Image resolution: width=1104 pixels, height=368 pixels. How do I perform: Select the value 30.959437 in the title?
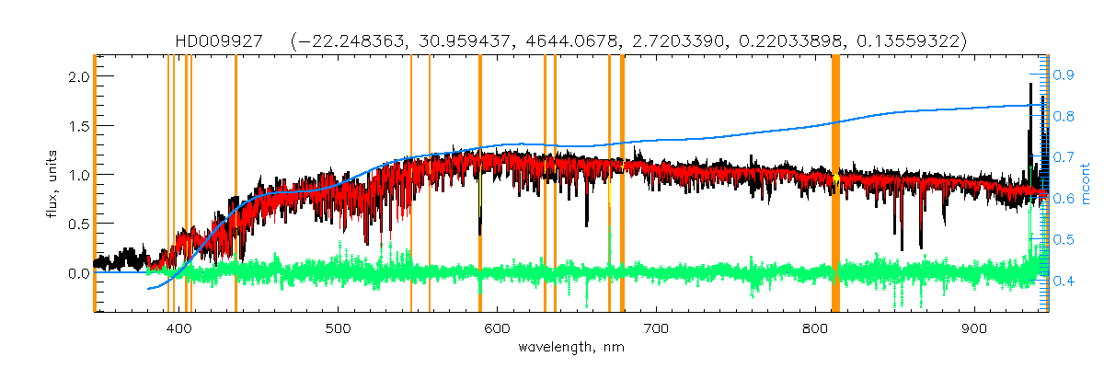(542, 41)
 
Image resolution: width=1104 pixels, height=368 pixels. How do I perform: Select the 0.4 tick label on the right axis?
(1064, 282)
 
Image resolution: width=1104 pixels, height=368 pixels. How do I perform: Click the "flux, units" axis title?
(54, 184)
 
